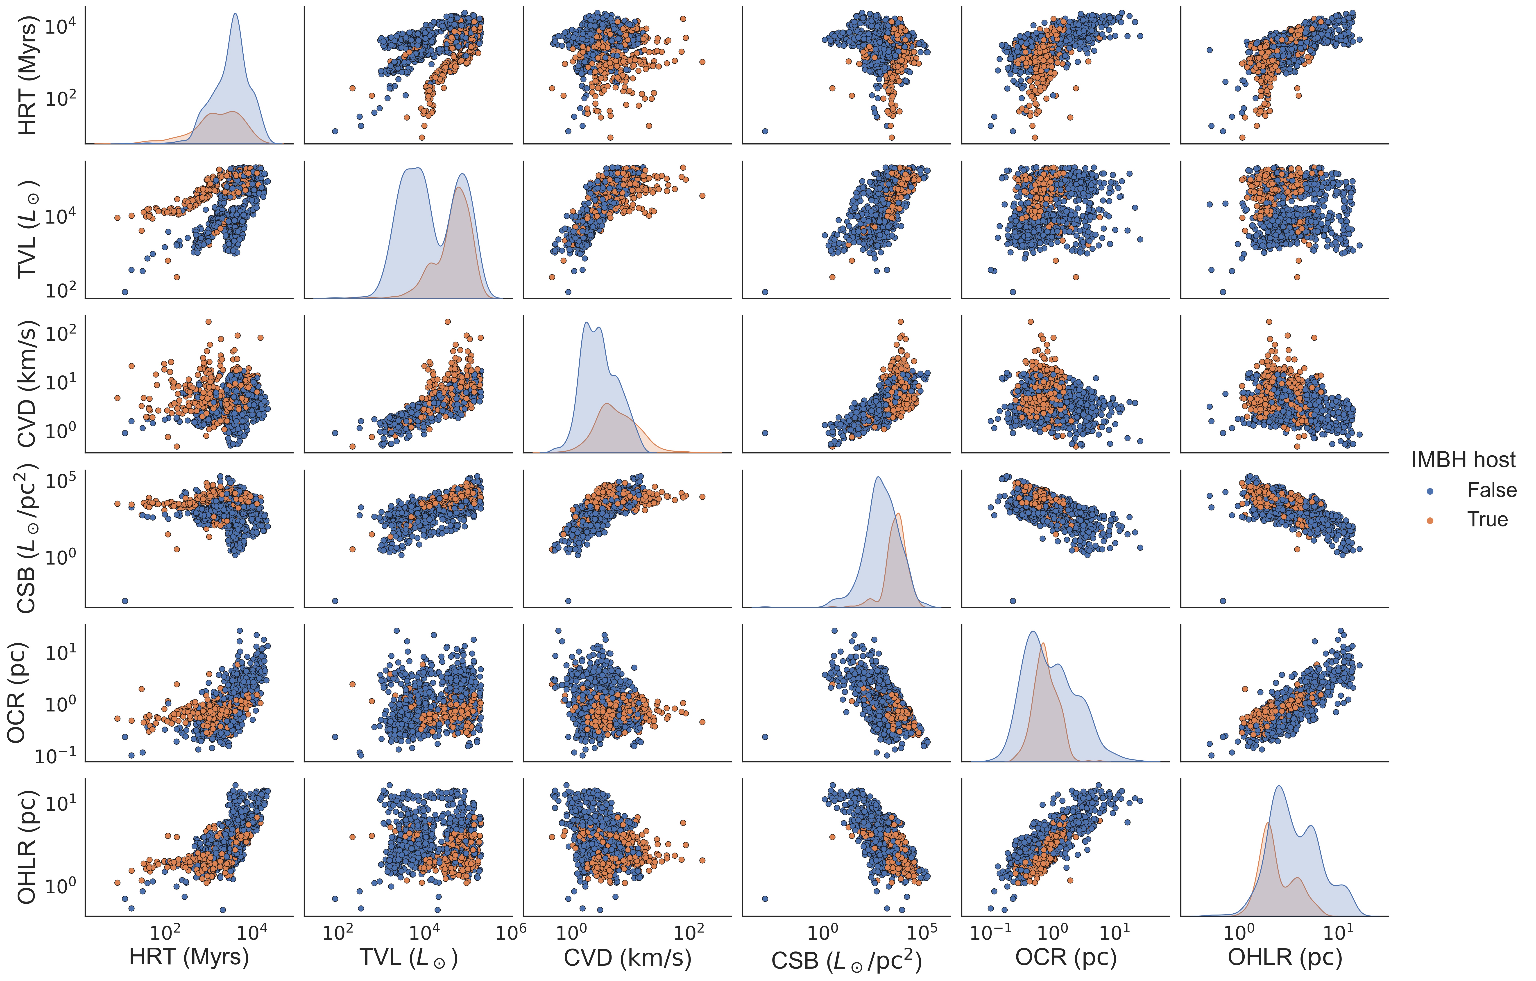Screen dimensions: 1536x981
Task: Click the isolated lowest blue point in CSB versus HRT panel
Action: coord(125,601)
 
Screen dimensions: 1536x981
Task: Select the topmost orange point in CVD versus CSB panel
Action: coord(901,322)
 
